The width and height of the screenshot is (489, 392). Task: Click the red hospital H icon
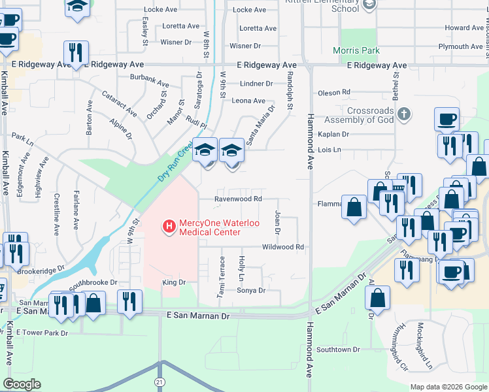point(169,227)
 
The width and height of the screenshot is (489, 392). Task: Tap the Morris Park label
point(356,50)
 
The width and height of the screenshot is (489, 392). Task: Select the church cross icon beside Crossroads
point(404,115)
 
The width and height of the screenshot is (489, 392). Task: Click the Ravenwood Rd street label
point(239,199)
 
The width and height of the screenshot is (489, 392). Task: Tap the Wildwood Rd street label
point(283,247)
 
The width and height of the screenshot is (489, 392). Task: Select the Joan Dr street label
point(277,222)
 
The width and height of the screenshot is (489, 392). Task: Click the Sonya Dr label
point(251,291)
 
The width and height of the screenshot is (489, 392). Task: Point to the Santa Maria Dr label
point(258,129)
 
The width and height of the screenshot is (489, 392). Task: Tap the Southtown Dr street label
point(338,350)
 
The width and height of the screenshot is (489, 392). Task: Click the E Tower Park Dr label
point(42,333)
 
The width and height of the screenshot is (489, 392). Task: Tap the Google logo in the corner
point(22,384)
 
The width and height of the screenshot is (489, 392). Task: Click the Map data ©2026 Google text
point(448,387)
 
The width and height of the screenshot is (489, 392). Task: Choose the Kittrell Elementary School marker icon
point(370,5)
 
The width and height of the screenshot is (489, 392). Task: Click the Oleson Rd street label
point(334,93)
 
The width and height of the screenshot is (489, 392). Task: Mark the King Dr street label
point(174,282)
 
